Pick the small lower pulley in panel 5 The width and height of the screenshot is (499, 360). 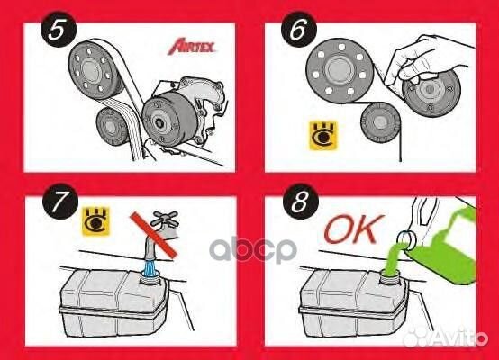click(113, 121)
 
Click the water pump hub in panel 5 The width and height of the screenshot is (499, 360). click(161, 121)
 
